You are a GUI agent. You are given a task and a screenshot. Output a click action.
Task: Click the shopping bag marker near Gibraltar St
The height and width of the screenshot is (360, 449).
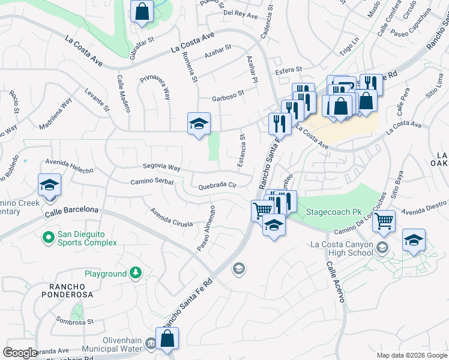pos(141,11)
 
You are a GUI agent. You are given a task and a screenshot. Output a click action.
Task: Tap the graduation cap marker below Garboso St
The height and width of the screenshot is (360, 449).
pos(199,124)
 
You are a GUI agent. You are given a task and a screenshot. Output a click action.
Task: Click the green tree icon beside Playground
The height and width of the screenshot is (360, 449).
pos(136,274)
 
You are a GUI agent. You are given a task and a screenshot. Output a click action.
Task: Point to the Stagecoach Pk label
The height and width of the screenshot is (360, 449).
pos(333,212)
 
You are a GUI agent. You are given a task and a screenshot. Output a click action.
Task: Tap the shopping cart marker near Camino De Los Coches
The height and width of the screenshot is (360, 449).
pos(384,220)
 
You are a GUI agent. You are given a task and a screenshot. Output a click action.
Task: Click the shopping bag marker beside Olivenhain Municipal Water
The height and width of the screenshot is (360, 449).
pos(167,338)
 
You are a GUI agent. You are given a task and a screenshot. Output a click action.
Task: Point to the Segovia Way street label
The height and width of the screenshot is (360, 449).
pos(161,167)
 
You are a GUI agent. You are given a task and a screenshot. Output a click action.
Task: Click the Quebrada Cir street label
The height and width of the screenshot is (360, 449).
pos(217,186)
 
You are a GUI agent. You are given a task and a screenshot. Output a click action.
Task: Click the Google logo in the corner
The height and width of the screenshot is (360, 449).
pos(20,352)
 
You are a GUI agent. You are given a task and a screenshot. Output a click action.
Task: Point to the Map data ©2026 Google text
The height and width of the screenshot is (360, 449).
pos(411,355)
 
